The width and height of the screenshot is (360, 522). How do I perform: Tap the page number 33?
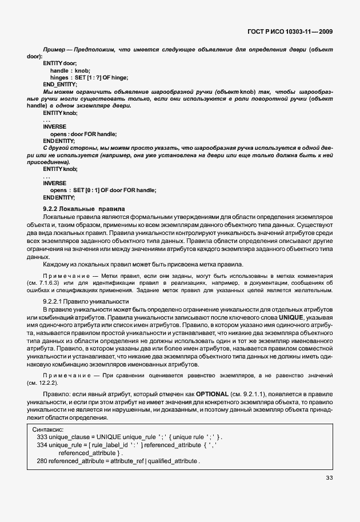(329, 478)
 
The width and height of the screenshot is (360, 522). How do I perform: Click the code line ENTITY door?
(59, 63)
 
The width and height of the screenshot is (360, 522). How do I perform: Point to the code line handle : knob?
(70, 70)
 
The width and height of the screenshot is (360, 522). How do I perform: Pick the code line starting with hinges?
(89, 77)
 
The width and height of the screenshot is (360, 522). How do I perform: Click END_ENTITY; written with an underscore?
(59, 84)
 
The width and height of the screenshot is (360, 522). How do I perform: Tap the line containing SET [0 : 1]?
(103, 190)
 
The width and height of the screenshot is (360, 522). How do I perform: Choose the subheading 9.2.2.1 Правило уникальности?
(86, 301)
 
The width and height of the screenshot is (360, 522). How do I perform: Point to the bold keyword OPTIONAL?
(214, 395)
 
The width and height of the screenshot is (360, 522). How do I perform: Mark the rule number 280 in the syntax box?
(41, 461)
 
